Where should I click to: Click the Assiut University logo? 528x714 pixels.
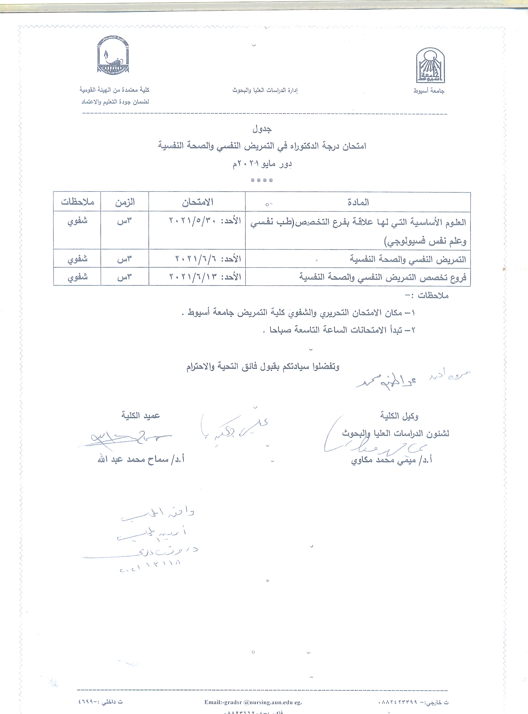tap(430, 65)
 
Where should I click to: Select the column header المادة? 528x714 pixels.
tap(358, 202)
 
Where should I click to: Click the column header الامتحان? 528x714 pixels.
tap(198, 202)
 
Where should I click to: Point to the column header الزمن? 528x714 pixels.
tap(125, 202)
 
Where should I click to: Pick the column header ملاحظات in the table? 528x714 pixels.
tap(77, 202)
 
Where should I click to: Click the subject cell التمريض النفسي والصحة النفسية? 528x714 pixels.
tap(408, 259)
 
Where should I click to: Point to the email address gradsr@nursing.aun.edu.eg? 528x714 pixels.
tap(253, 702)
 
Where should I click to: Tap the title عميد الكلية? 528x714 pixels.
tap(140, 415)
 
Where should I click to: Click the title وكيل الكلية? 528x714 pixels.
tap(399, 416)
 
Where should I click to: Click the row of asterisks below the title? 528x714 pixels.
tap(262, 181)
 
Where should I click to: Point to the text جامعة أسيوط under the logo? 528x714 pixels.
tap(429, 91)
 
